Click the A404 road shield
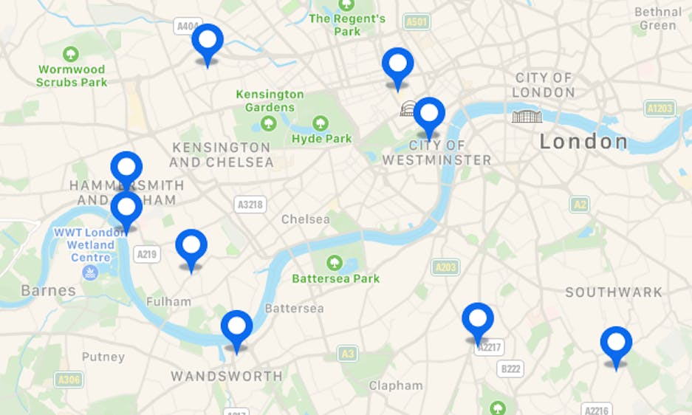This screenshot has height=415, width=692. (x=188, y=27)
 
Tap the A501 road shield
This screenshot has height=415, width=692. (x=417, y=22)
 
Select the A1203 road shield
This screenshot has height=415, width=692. (x=659, y=109)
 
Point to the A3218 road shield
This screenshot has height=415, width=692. (x=250, y=205)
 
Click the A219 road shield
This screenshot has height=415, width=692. (x=147, y=254)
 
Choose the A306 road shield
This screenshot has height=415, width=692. (x=69, y=380)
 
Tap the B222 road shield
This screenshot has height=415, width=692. (x=510, y=368)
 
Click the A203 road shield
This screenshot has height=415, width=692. (x=445, y=267)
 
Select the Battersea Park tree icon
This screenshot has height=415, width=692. (x=335, y=262)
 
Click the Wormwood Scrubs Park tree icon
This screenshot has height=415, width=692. (x=71, y=54)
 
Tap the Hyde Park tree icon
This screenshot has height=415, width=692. (x=321, y=123)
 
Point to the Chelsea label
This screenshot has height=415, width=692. (x=306, y=219)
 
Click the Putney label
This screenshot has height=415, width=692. (x=103, y=357)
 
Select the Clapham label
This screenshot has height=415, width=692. (x=396, y=385)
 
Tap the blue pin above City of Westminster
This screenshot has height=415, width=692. (x=429, y=114)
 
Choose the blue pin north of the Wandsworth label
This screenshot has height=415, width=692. (x=236, y=327)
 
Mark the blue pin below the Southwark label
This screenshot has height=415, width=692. (x=616, y=343)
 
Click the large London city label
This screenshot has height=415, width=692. (x=583, y=141)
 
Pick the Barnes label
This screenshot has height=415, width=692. (x=48, y=290)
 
